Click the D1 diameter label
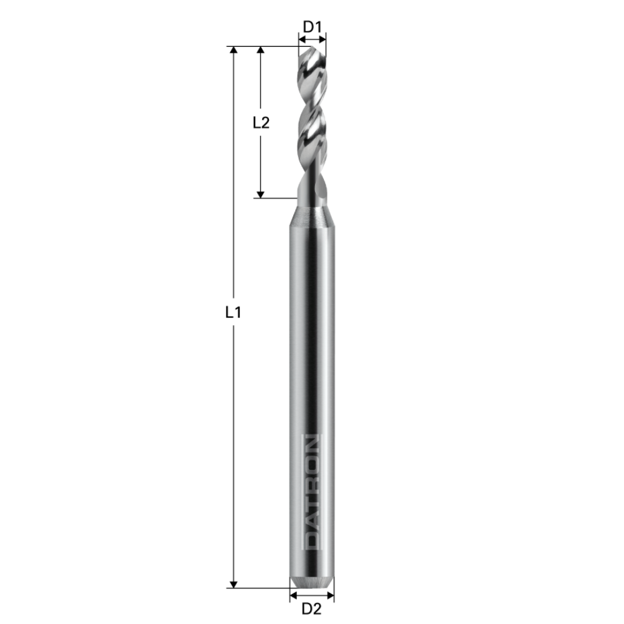pos(312,26)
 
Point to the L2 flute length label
pos(261,123)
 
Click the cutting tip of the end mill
pos(312,50)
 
